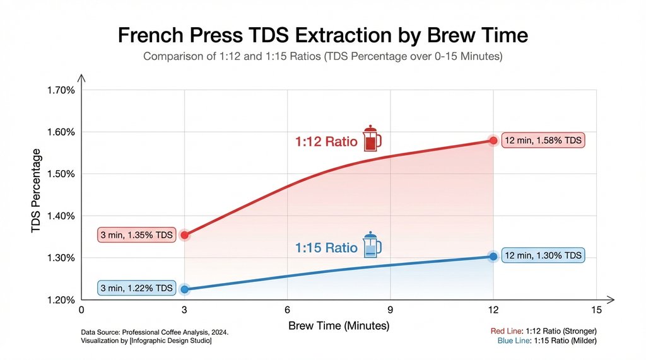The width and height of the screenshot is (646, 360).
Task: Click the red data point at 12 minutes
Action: click(x=493, y=141)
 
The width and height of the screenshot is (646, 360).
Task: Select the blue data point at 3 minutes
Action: click(x=184, y=289)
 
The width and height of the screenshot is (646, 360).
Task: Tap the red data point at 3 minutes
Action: click(x=184, y=235)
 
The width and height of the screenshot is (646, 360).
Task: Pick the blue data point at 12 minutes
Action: click(x=493, y=256)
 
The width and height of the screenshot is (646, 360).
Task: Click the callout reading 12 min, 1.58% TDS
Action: click(x=543, y=141)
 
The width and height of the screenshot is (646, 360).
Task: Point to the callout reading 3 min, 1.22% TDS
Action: click(x=136, y=289)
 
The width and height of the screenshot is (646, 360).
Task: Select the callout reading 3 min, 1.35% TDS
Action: click(x=136, y=236)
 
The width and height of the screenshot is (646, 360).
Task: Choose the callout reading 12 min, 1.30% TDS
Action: click(x=543, y=256)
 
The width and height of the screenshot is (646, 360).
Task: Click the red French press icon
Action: click(x=372, y=139)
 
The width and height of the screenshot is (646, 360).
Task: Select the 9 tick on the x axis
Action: click(x=390, y=310)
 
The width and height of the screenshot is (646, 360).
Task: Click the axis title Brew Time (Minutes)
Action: click(x=339, y=326)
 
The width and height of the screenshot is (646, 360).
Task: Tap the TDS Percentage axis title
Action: click(x=37, y=192)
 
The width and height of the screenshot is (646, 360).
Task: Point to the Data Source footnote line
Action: click(x=155, y=332)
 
